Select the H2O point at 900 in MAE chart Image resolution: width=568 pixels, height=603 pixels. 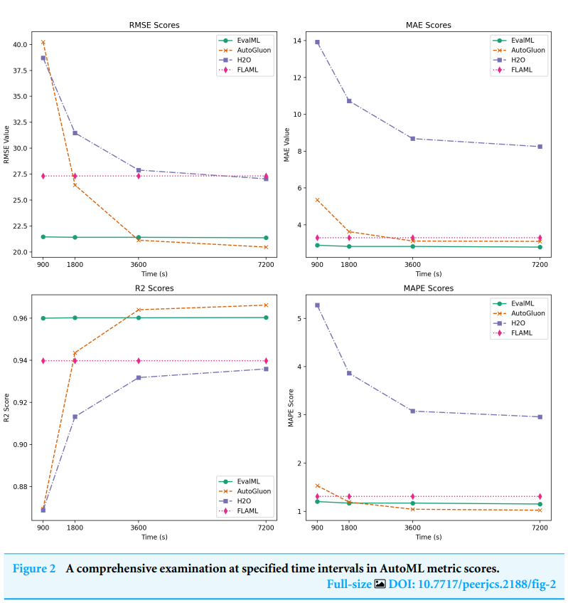(x=317, y=42)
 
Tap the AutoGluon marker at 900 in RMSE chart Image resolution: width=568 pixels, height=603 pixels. (x=43, y=42)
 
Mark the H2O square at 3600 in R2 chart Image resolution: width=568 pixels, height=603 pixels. (x=139, y=377)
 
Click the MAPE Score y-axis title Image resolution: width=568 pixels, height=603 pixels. (x=290, y=408)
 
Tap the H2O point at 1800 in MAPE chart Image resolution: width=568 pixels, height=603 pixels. (x=349, y=373)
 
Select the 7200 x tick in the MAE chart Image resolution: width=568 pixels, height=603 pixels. (x=540, y=264)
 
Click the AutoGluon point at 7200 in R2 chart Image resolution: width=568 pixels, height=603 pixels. (x=266, y=305)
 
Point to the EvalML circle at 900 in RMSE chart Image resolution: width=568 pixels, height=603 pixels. (x=43, y=236)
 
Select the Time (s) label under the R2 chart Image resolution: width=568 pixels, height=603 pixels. (x=154, y=537)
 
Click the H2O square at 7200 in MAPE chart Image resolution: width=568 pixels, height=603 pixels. (x=540, y=416)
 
